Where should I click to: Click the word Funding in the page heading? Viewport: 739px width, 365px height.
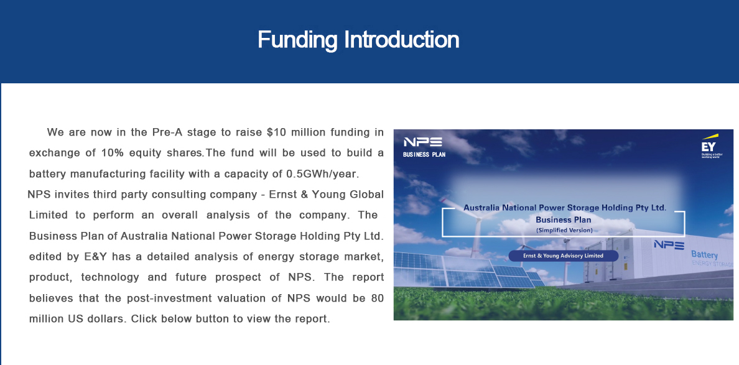pyautogui.click(x=297, y=40)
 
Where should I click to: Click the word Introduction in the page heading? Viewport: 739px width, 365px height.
pyautogui.click(x=402, y=39)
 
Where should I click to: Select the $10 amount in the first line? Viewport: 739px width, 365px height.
pyautogui.click(x=276, y=132)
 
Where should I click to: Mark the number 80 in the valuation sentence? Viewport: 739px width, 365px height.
pyautogui.click(x=377, y=298)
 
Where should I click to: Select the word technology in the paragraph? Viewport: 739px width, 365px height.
pyautogui.click(x=110, y=278)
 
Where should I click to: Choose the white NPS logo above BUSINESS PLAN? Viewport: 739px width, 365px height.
pyautogui.click(x=423, y=142)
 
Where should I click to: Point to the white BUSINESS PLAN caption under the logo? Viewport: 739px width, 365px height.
pyautogui.click(x=424, y=154)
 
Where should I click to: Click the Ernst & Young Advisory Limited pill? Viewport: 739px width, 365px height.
pyautogui.click(x=563, y=256)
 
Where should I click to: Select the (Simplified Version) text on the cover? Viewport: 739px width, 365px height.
pyautogui.click(x=564, y=230)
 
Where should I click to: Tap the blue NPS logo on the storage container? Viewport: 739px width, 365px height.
pyautogui.click(x=669, y=244)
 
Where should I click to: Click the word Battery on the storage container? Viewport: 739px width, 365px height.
pyautogui.click(x=705, y=255)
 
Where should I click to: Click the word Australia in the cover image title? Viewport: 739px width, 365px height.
pyautogui.click(x=483, y=208)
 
